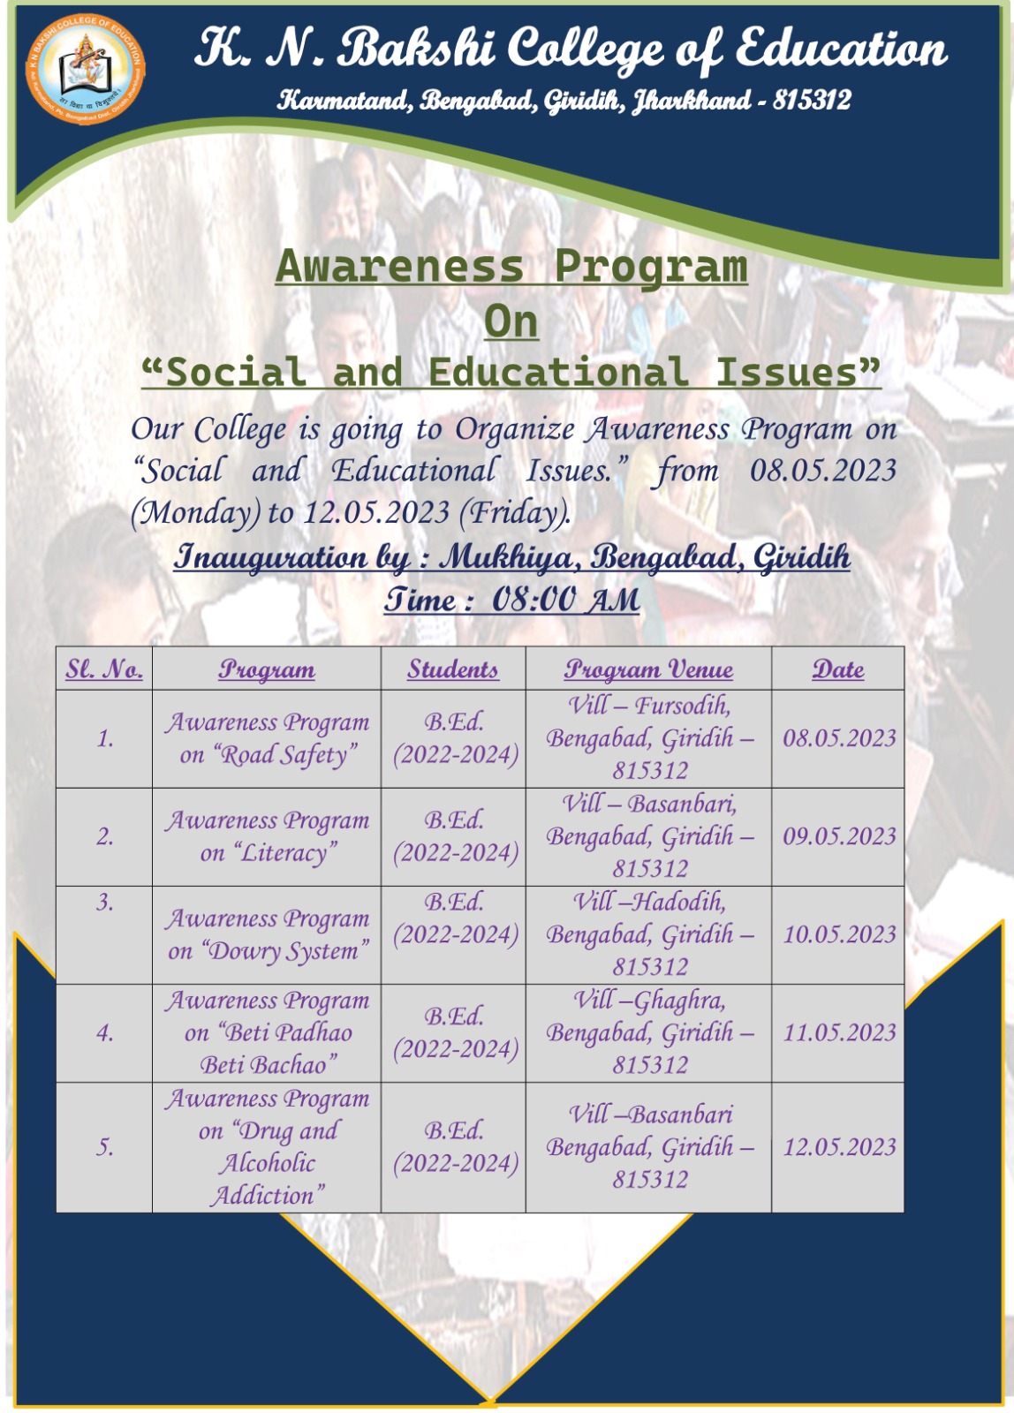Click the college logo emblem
pyautogui.click(x=85, y=68)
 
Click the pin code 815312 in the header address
pyautogui.click(x=812, y=100)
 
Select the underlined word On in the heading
pyautogui.click(x=511, y=322)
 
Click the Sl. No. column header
pyautogui.click(x=104, y=669)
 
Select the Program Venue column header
pyautogui.click(x=648, y=669)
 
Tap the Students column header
pyautogui.click(x=453, y=669)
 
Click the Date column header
pyautogui.click(x=838, y=669)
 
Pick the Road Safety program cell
pyautogui.click(x=267, y=738)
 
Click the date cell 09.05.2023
pyautogui.click(x=838, y=836)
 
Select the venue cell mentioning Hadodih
pyautogui.click(x=648, y=934)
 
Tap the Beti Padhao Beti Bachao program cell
pyautogui.click(x=267, y=1032)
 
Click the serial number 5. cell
pyautogui.click(x=104, y=1147)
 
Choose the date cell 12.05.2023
pyautogui.click(x=838, y=1147)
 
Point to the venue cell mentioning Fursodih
pyautogui.click(x=648, y=738)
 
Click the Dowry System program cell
pyautogui.click(x=267, y=934)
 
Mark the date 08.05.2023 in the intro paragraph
pyautogui.click(x=823, y=471)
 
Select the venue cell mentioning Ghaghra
pyautogui.click(x=648, y=1032)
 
